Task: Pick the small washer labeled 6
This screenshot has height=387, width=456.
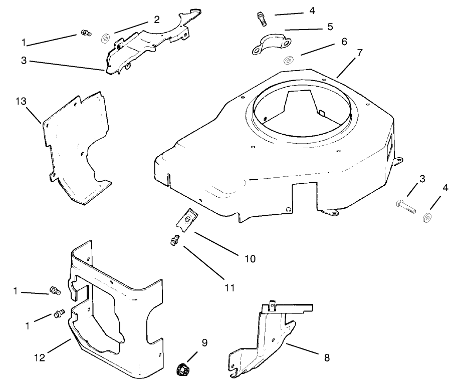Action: [289, 61]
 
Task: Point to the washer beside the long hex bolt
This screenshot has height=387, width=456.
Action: [428, 217]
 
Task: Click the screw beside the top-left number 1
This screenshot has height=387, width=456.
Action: [85, 34]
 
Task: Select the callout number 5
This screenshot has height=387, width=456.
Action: [329, 26]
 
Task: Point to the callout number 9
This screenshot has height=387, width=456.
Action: [204, 343]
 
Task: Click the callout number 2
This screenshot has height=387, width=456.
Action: [156, 19]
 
